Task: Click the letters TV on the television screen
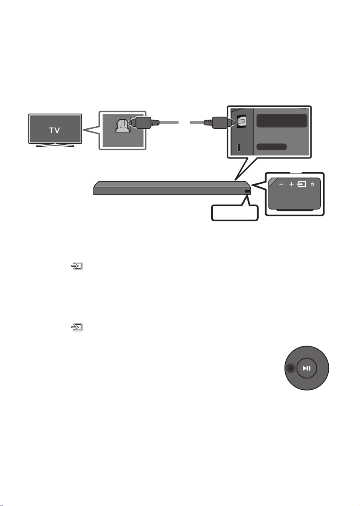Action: (x=55, y=130)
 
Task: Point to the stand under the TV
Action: (x=55, y=145)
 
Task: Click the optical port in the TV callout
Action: (x=122, y=125)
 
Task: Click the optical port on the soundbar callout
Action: (x=242, y=122)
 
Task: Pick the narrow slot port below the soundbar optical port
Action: (x=238, y=147)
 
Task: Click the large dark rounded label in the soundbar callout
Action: (x=282, y=120)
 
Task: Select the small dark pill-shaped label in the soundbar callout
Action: (x=272, y=147)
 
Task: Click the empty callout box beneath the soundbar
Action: (x=235, y=213)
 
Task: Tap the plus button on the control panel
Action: (x=292, y=184)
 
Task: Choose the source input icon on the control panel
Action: (x=302, y=184)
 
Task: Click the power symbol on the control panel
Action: (x=312, y=184)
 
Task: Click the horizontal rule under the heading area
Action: (x=91, y=80)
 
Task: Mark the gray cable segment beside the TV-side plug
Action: (x=169, y=123)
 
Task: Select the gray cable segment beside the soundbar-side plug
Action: (x=197, y=123)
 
